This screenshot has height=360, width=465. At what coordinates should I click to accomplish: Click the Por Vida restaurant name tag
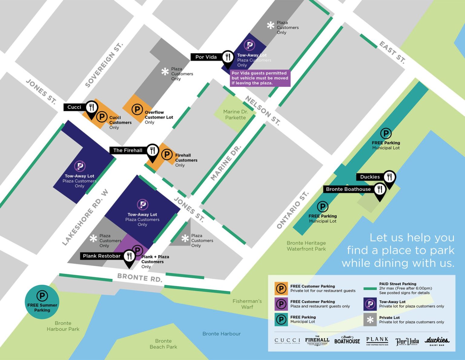tap(206, 57)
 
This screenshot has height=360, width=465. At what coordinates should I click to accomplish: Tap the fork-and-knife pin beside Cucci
tap(91, 107)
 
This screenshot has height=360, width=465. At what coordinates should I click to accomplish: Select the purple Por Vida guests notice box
tap(260, 78)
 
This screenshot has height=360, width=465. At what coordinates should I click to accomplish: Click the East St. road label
tap(392, 52)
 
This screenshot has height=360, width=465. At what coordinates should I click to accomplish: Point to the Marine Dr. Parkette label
tap(236, 115)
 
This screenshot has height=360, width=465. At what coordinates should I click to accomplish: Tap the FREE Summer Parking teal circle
tap(42, 302)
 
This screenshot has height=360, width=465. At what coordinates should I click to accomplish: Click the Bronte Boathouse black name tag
tap(348, 189)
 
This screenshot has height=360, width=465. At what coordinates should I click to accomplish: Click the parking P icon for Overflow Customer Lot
tap(137, 109)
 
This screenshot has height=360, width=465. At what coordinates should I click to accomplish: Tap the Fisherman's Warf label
tap(247, 304)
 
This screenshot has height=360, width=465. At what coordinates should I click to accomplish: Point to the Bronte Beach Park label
tap(163, 344)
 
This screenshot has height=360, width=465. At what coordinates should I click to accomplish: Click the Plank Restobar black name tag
tap(102, 256)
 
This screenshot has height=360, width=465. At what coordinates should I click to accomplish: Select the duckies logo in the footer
tap(437, 341)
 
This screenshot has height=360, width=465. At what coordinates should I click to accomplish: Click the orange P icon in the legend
tap(281, 288)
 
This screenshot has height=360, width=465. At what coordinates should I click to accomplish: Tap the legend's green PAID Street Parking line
tap(370, 288)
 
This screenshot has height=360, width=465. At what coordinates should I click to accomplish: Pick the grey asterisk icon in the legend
tap(370, 320)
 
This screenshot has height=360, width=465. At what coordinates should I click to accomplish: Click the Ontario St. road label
tap(293, 210)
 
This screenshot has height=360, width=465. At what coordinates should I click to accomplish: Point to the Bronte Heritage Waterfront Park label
tap(306, 246)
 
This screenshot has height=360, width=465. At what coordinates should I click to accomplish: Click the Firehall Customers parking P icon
tap(167, 154)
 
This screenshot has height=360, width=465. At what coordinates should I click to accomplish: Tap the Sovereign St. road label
tap(104, 65)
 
